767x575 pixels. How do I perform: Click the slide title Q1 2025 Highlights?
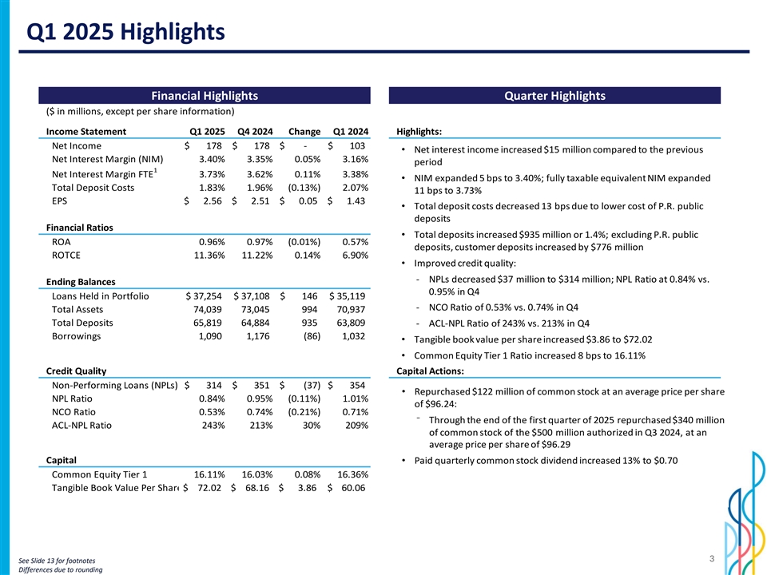pos(125,32)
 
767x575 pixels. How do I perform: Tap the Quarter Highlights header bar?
pos(554,97)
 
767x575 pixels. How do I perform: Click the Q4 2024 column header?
pos(256,132)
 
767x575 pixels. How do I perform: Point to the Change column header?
pos(304,132)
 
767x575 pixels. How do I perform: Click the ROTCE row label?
pos(66,256)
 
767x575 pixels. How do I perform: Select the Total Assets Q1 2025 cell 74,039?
pos(207,310)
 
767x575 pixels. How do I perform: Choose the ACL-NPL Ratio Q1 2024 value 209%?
pos(355,425)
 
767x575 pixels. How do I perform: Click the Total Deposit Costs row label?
pos(93,188)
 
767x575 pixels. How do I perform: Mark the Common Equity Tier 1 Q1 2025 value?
pos(209,474)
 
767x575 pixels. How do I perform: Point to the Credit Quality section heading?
pos(77,371)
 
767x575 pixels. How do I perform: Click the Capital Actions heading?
pos(430,371)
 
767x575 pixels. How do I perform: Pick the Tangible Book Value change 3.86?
pos(307,487)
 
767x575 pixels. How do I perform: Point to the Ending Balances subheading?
pos(81,281)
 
